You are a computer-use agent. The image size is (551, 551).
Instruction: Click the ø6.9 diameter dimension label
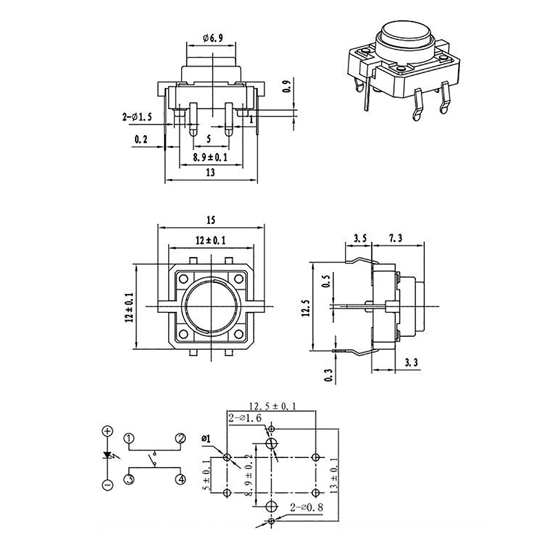pyautogui.click(x=213, y=38)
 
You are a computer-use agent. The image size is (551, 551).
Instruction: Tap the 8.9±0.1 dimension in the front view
pyautogui.click(x=210, y=157)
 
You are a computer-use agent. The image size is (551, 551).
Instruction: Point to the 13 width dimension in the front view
pyautogui.click(x=210, y=174)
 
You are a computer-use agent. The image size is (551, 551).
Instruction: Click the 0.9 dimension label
pyautogui.click(x=287, y=87)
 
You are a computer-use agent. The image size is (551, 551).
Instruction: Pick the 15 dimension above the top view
pyautogui.click(x=210, y=220)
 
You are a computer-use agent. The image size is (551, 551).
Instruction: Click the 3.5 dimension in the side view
pyautogui.click(x=360, y=238)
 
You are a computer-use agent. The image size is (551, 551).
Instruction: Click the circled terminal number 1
pyautogui.click(x=129, y=439)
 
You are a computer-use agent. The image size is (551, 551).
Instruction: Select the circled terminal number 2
pyautogui.click(x=180, y=439)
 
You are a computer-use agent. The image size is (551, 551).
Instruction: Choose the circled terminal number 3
pyautogui.click(x=129, y=479)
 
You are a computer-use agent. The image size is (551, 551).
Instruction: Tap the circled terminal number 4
pyautogui.click(x=180, y=479)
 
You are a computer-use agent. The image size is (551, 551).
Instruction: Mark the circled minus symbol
pyautogui.click(x=107, y=486)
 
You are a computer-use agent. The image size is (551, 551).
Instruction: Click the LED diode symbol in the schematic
pyautogui.click(x=107, y=457)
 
